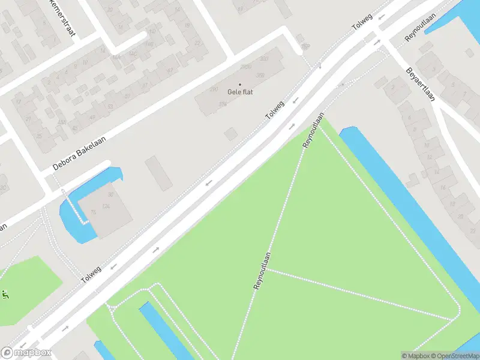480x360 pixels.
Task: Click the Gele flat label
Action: click(240, 92)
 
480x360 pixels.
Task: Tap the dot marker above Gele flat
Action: click(240, 84)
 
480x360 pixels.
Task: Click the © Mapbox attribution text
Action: click(416, 356)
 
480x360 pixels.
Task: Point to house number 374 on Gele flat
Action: click(223, 104)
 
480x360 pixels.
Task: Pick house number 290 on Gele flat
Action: click(213, 89)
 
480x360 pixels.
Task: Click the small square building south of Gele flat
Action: click(230, 134)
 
